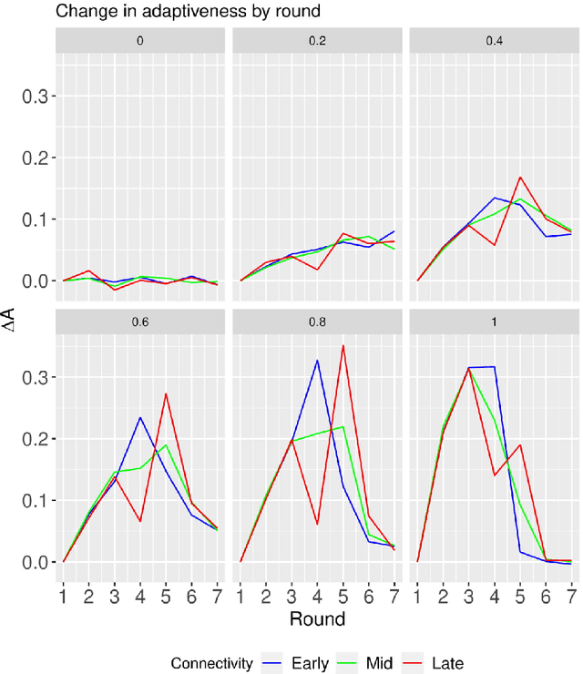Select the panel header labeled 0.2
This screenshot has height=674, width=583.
pos(316,42)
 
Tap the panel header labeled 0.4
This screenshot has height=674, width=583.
pos(494,42)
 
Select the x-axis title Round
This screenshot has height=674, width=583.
pos(316,619)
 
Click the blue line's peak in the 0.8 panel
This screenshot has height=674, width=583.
pos(317,360)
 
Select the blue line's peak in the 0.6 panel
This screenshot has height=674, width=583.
pos(140,417)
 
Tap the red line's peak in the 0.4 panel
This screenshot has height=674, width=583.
pos(520,177)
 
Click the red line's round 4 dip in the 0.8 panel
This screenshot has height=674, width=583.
pos(317,525)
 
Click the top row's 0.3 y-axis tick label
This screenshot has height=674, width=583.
pos(36,96)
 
